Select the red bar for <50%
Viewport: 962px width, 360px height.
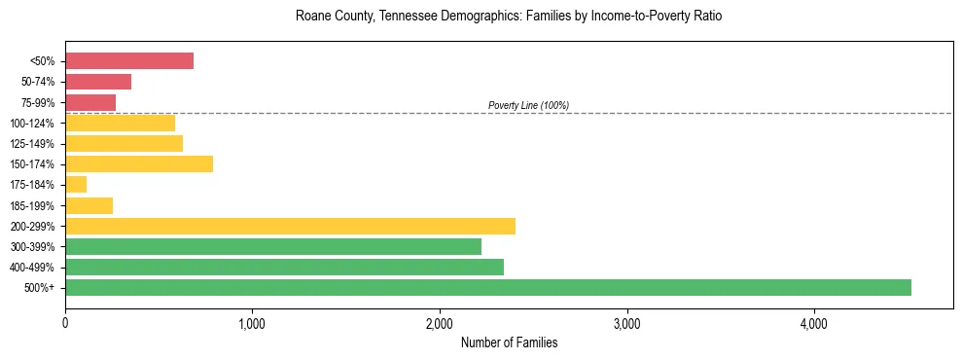[129, 61]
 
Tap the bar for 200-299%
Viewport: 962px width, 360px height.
[290, 226]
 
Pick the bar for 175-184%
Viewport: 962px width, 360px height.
[76, 184]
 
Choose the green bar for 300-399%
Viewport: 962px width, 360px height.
[273, 246]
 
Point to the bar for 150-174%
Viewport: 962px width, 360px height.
[139, 163]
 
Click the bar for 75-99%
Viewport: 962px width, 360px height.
[90, 102]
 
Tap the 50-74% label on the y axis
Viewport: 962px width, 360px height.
[38, 82]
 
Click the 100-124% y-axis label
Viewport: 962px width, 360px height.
[34, 124]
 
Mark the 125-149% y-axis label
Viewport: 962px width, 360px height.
[34, 144]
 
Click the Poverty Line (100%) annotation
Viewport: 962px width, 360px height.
[528, 105]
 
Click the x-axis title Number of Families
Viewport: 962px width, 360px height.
[509, 342]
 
